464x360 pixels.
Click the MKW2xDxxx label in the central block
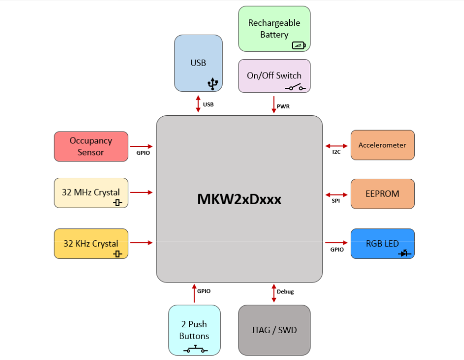[239, 199]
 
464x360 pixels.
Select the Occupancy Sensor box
[91, 146]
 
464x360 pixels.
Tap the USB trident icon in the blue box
[213, 84]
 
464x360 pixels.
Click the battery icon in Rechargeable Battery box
[299, 45]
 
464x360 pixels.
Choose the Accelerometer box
[382, 145]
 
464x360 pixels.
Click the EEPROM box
[382, 194]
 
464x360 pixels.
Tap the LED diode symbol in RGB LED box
[404, 253]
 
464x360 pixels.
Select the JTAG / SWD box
[274, 330]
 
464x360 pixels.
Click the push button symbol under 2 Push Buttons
[195, 350]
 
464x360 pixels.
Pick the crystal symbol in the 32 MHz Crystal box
[118, 203]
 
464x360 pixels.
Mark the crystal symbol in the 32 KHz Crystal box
[118, 254]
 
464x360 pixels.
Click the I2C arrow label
[336, 152]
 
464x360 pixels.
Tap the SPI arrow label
[336, 201]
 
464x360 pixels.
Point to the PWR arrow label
[283, 106]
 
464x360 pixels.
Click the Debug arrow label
[285, 291]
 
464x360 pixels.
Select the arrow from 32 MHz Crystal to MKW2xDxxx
[142, 192]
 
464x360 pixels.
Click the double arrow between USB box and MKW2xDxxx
[198, 104]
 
